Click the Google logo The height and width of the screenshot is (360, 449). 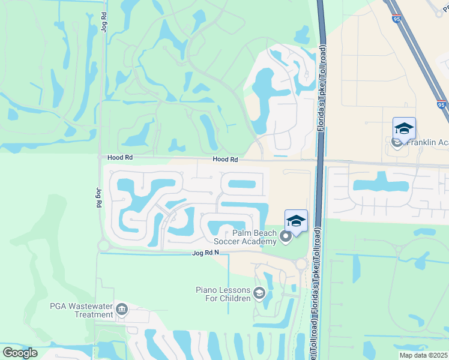(x=20, y=353)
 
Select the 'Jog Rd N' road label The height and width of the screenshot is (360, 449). (x=205, y=253)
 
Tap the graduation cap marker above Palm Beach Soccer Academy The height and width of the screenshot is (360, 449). (x=296, y=221)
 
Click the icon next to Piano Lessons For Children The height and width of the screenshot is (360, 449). (x=259, y=293)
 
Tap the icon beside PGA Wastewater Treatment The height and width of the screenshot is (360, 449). (x=122, y=309)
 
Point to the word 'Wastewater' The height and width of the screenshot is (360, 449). (x=91, y=305)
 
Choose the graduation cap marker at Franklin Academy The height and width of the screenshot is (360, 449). (x=404, y=128)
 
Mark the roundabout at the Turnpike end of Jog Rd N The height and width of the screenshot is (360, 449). (x=301, y=264)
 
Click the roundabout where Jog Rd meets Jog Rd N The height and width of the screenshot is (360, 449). (x=103, y=245)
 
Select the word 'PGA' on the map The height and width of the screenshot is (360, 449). (x=59, y=305)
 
